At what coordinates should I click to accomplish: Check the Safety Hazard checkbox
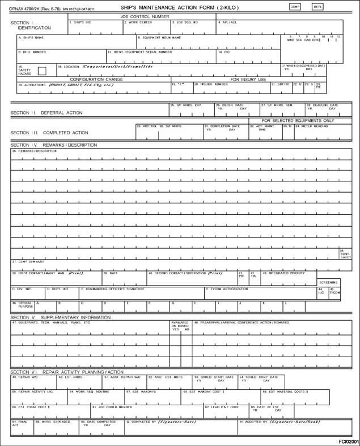[42, 71]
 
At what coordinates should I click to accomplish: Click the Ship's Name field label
[32, 38]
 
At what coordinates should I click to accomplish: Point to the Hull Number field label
[32, 52]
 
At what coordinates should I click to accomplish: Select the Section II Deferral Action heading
[46, 113]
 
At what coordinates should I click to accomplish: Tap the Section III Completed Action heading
[49, 133]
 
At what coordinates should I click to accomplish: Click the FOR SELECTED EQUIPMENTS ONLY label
[298, 120]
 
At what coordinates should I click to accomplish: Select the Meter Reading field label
[311, 126]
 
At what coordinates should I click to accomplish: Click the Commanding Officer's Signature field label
[113, 289]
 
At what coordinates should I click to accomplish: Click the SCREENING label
[328, 282]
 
